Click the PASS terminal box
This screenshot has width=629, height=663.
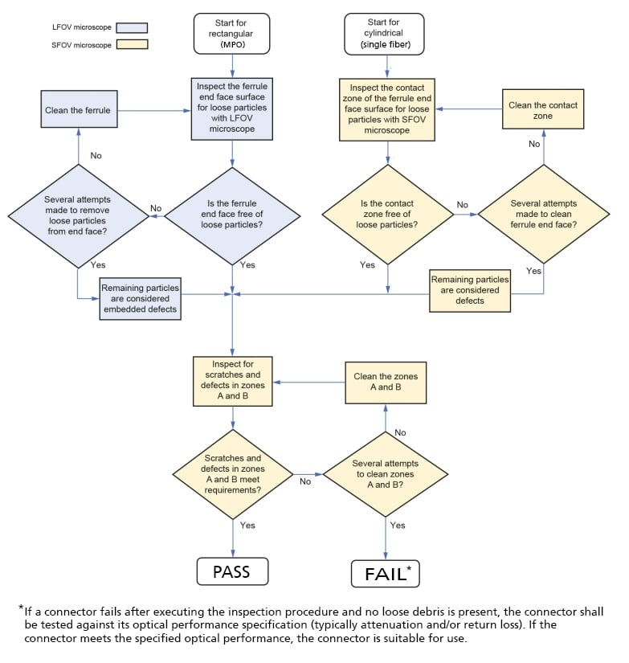[x=231, y=571]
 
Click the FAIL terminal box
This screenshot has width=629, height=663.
[x=386, y=574]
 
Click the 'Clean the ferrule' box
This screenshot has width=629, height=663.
[x=78, y=110]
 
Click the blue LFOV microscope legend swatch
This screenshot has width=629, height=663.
[x=133, y=27]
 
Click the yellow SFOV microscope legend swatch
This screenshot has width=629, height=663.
[x=133, y=44]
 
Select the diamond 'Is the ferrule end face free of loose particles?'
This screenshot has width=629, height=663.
[x=231, y=215]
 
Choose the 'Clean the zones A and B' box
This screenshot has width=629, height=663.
[x=386, y=382]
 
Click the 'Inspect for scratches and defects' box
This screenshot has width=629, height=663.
[x=232, y=381]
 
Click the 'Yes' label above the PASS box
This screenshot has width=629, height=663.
[x=247, y=526]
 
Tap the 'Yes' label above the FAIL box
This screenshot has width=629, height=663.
[x=398, y=526]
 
